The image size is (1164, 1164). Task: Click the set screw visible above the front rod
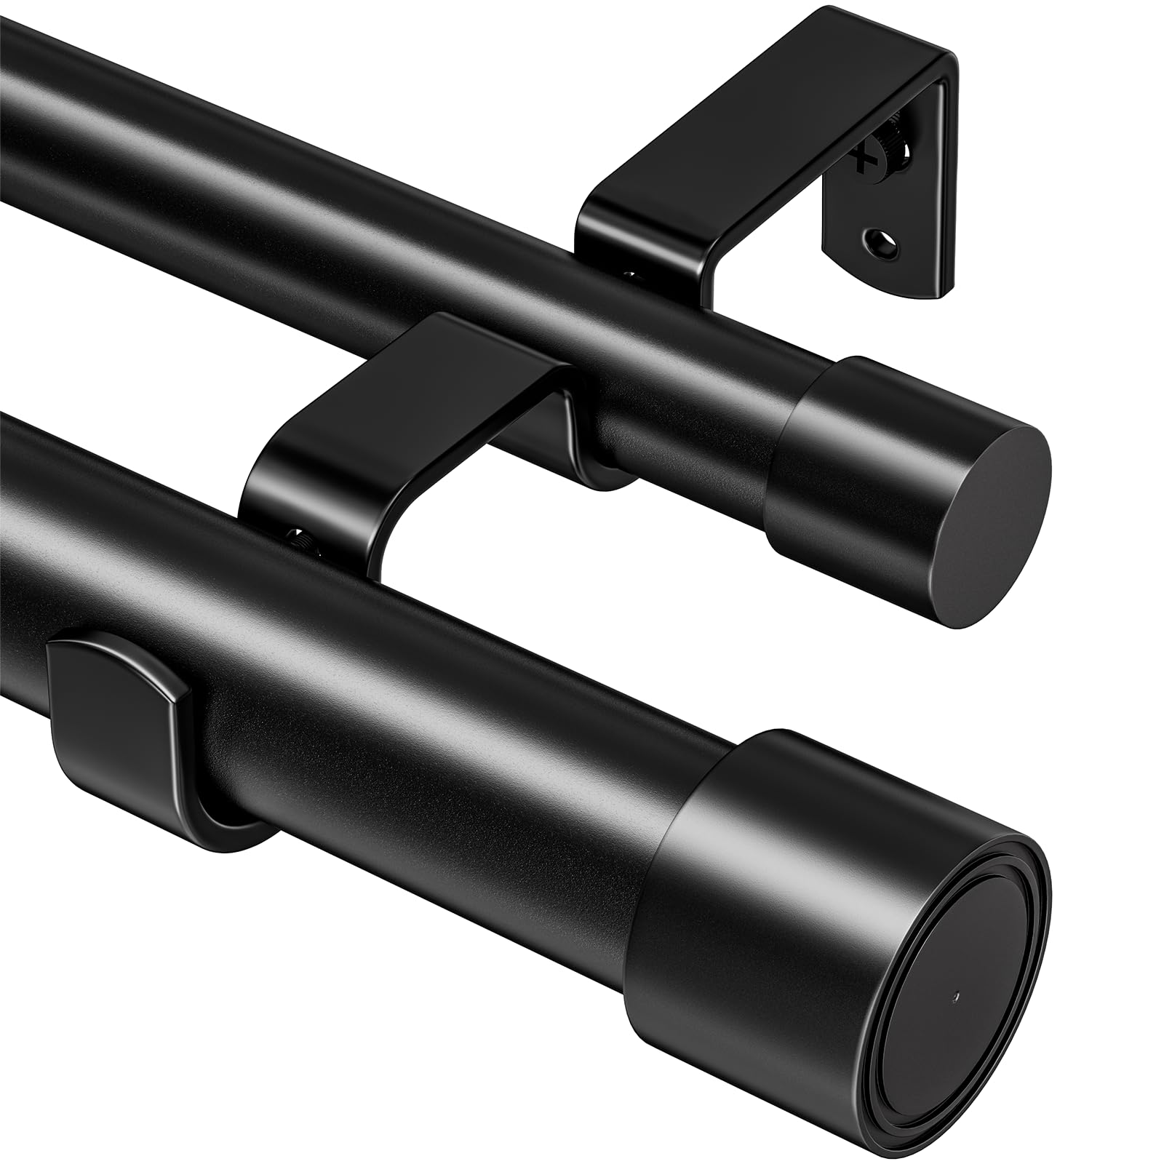[x=300, y=539]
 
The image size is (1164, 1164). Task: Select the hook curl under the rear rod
[x=604, y=469]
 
